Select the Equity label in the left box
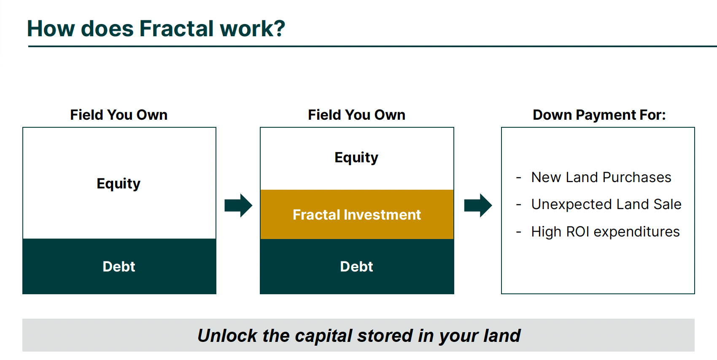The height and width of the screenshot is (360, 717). pos(119,184)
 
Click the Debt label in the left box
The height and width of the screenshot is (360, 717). pos(119,266)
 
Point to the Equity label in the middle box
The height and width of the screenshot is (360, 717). pos(356,157)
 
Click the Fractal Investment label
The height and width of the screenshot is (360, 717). pos(357,215)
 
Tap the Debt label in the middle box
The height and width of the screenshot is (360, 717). pos(356,266)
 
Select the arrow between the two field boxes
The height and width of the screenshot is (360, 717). pos(238,205)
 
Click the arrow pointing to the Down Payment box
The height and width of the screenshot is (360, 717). pos(478,205)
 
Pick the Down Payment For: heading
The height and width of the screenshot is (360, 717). pos(599,115)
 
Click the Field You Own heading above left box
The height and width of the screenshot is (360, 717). pos(119,115)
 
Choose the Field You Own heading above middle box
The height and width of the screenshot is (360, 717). pos(356,115)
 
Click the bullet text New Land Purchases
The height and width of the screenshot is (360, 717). pos(601,177)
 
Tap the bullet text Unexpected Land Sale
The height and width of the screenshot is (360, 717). pos(606,204)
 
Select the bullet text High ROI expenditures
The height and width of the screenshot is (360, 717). pos(605,231)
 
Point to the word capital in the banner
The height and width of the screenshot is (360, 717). pos(323,336)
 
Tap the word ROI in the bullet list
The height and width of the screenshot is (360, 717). pos(578,231)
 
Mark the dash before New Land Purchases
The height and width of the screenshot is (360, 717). pos(518,177)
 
